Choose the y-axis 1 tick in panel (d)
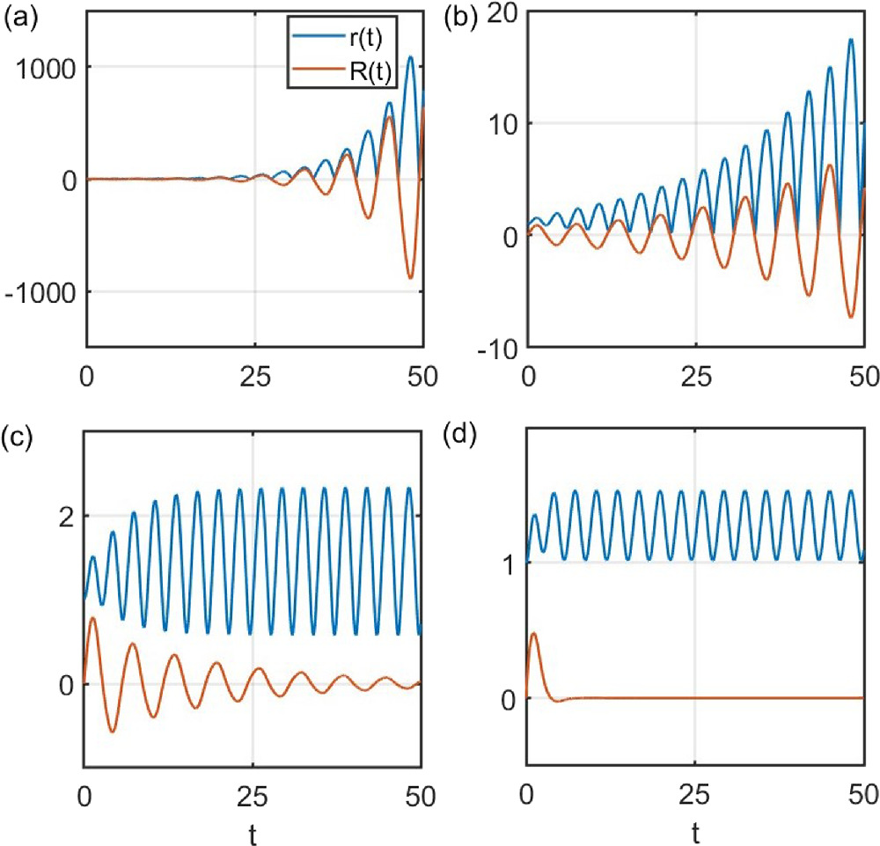(x=504, y=563)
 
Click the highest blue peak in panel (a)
(x=411, y=57)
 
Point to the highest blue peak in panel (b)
(x=851, y=40)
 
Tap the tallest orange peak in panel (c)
(x=93, y=619)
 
